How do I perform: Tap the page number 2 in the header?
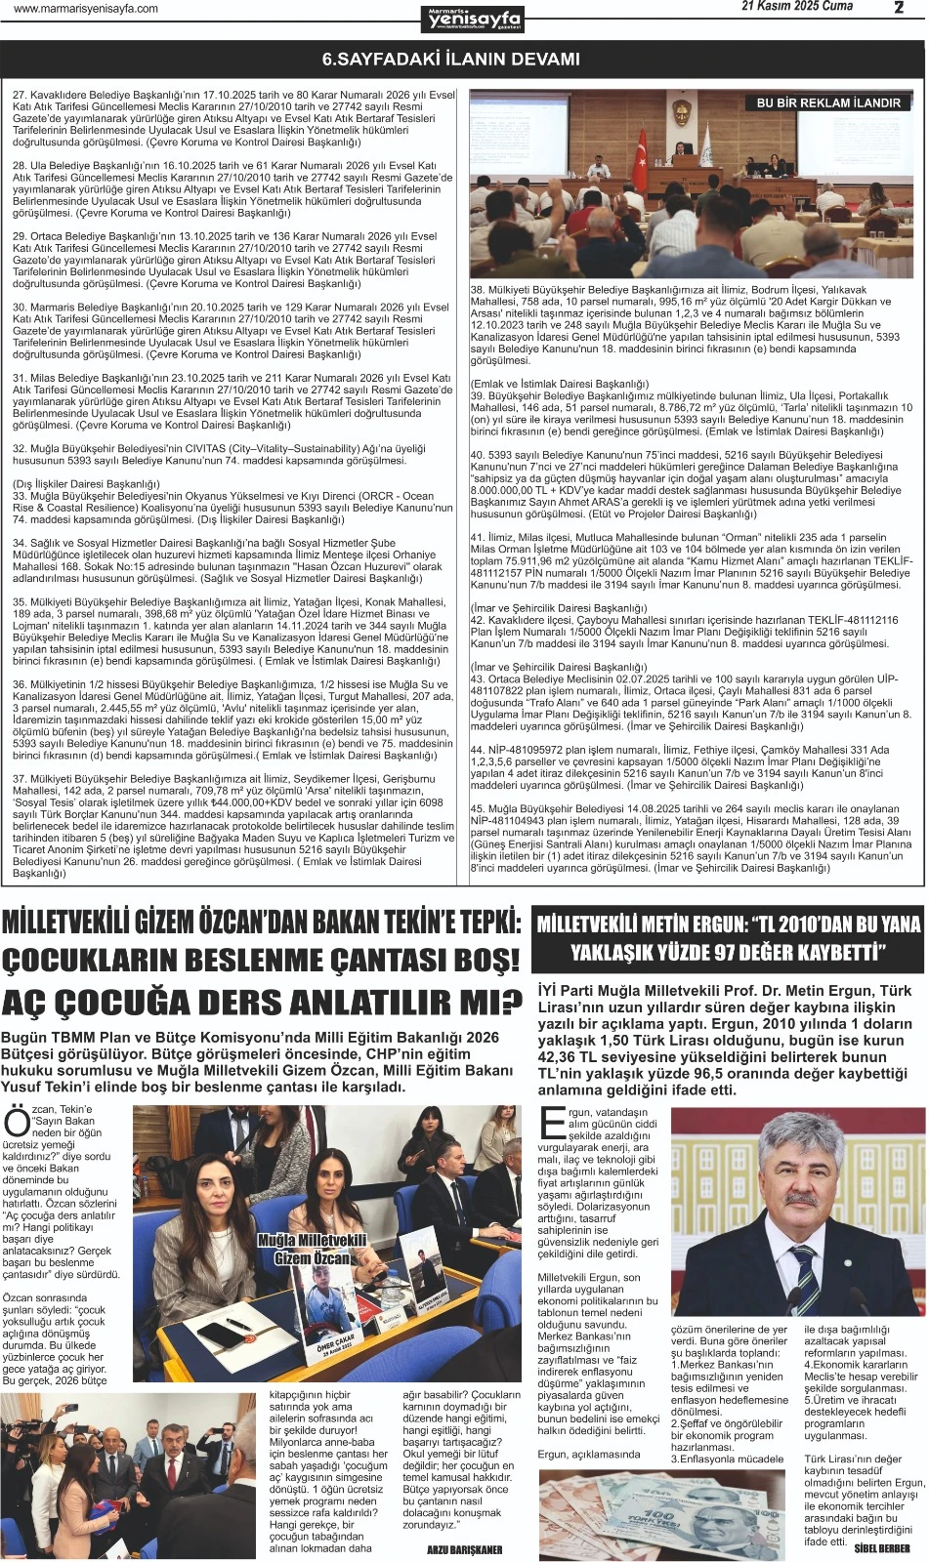[x=898, y=8]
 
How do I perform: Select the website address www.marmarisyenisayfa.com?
[x=86, y=9]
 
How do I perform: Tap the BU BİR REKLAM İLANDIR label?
[x=828, y=103]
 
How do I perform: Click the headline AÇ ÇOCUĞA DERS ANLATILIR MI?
[x=262, y=1002]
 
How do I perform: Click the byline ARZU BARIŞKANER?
[x=464, y=1549]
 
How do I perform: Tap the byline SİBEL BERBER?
[x=881, y=1548]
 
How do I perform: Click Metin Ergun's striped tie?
[x=806, y=1270]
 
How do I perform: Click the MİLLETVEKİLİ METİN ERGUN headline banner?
[x=729, y=938]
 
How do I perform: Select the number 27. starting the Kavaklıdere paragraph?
[x=20, y=95]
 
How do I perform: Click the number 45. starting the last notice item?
[x=479, y=809]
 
